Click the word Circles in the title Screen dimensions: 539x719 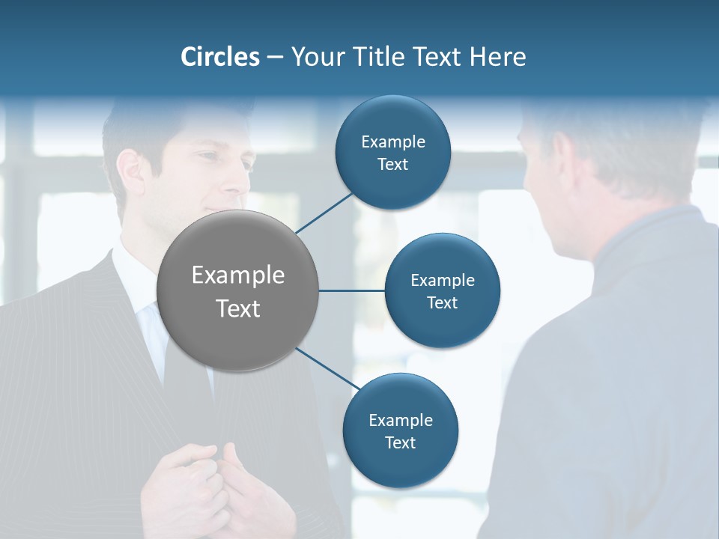219,57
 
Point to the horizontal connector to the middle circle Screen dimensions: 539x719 352,290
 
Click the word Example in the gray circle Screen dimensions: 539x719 238,275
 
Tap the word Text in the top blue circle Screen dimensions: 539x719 392,165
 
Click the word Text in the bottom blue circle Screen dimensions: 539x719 400,442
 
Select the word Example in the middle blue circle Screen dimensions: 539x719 442,280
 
